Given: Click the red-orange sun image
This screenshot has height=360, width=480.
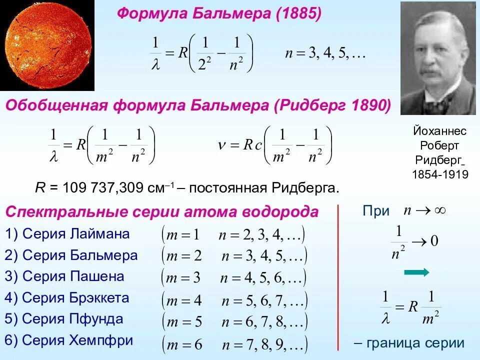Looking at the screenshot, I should [47, 46].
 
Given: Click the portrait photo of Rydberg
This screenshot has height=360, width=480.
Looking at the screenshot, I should [438, 58].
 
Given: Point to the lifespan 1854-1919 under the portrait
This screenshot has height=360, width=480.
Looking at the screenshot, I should [440, 174].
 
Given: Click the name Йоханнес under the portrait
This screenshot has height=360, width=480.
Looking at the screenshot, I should [440, 131].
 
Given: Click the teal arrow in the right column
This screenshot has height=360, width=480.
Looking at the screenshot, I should [416, 272].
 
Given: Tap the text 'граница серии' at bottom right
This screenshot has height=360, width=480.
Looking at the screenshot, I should [415, 343].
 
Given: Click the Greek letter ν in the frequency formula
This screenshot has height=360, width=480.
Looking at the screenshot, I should [223, 144].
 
